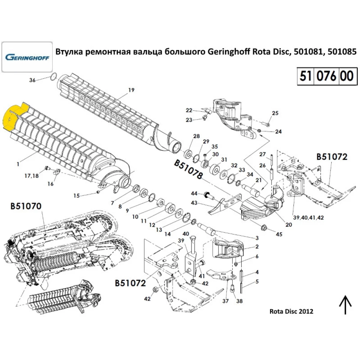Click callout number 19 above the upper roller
tap(131, 89)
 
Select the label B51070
tap(26, 206)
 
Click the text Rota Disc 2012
tap(291, 311)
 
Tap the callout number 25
tap(275, 113)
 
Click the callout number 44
tap(193, 194)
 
